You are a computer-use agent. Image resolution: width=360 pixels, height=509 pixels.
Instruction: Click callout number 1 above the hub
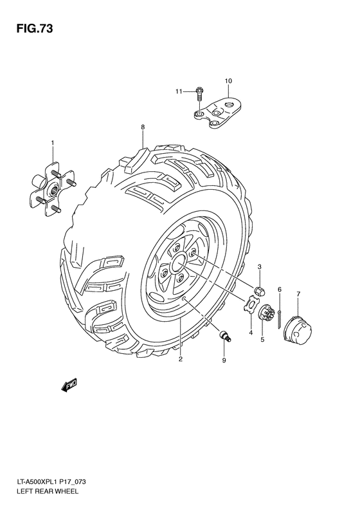[x=53, y=142]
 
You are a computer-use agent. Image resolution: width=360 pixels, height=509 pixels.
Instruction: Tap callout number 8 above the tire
[x=143, y=127]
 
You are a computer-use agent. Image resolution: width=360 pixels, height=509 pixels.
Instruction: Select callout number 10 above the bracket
[x=228, y=80]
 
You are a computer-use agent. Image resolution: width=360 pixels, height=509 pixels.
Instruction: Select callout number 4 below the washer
[x=250, y=332]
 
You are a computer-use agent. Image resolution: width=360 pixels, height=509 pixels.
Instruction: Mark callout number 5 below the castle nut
[x=262, y=339]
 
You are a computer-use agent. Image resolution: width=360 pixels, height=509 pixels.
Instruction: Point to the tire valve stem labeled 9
[x=223, y=335]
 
